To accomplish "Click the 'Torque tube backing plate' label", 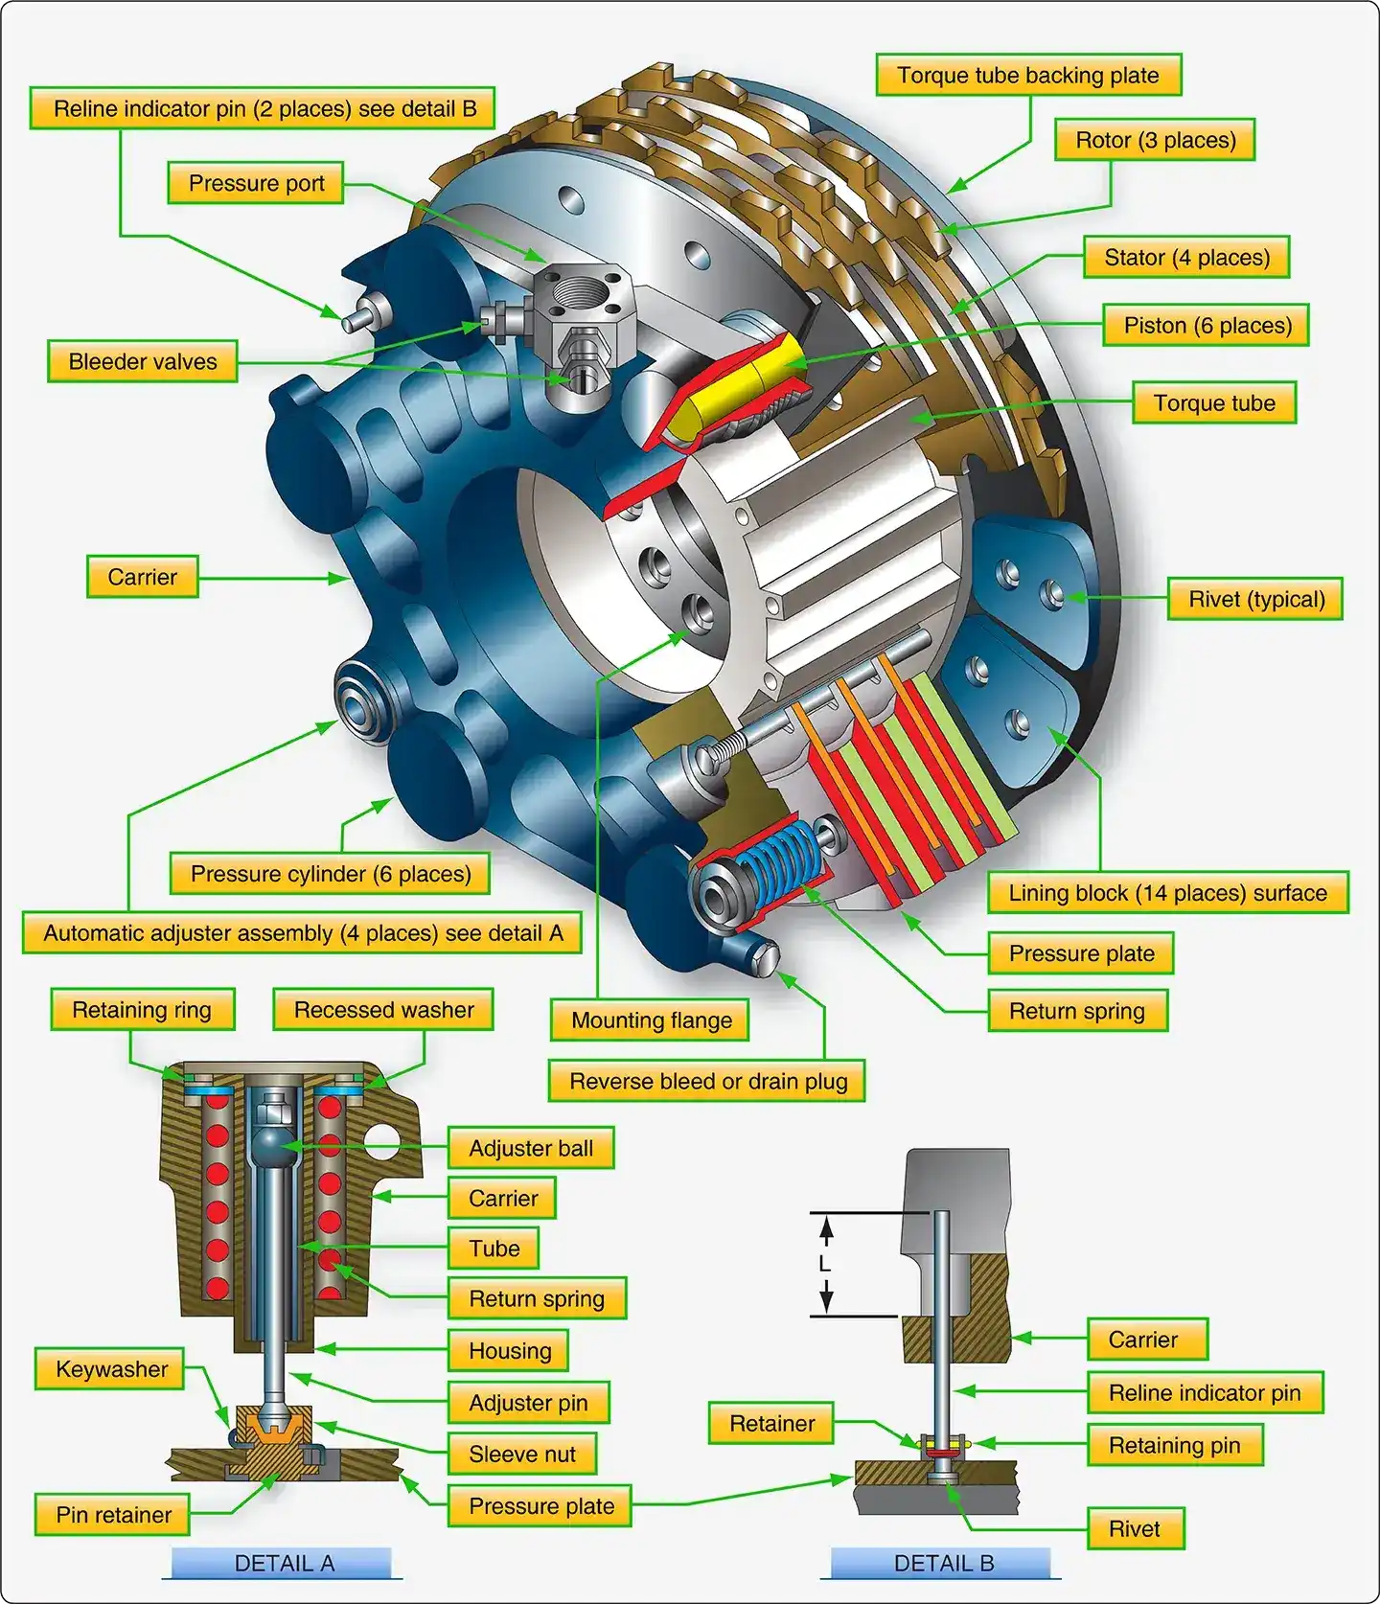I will [x=1028, y=75].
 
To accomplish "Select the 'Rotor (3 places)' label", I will [x=1155, y=140].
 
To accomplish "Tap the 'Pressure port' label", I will [x=256, y=183].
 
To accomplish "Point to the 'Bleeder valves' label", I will [x=143, y=361].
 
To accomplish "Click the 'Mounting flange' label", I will [x=651, y=1020].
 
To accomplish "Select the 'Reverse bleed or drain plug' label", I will [x=707, y=1082].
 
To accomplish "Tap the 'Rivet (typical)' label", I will [x=1255, y=599].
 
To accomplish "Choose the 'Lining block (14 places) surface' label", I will [x=1167, y=893].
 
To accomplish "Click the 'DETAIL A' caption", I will [x=284, y=1564].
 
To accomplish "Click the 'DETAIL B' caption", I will [x=943, y=1564].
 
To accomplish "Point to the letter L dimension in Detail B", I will [x=824, y=1264].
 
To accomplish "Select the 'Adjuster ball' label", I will [x=530, y=1148].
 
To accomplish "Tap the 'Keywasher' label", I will [x=111, y=1369].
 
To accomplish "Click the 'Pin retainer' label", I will [x=113, y=1515].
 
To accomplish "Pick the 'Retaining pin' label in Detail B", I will [x=1174, y=1445].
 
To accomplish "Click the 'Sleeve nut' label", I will [x=521, y=1455].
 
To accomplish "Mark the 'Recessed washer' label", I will [x=383, y=1010].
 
